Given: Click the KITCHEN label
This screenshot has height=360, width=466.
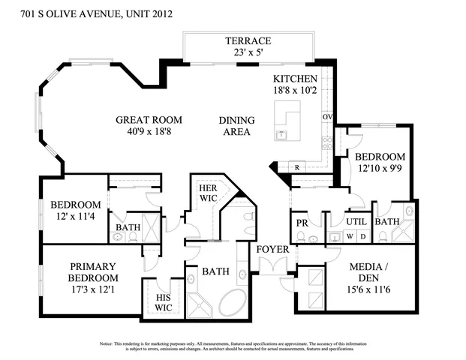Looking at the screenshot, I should point(295,79).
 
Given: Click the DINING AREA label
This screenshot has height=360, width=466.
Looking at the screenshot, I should point(236,126).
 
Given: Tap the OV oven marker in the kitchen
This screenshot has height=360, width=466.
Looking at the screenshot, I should point(326,117).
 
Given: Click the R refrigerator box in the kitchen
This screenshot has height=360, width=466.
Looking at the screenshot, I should point(298,166).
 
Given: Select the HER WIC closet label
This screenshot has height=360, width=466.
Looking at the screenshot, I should point(207,193).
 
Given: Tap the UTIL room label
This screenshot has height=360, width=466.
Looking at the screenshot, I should point(355,222).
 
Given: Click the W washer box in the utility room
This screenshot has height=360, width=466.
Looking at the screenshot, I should point(348,237).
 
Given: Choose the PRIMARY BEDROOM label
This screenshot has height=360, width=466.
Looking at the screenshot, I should point(92,272).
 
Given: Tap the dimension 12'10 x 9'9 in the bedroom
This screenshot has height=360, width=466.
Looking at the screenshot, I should point(380,169).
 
